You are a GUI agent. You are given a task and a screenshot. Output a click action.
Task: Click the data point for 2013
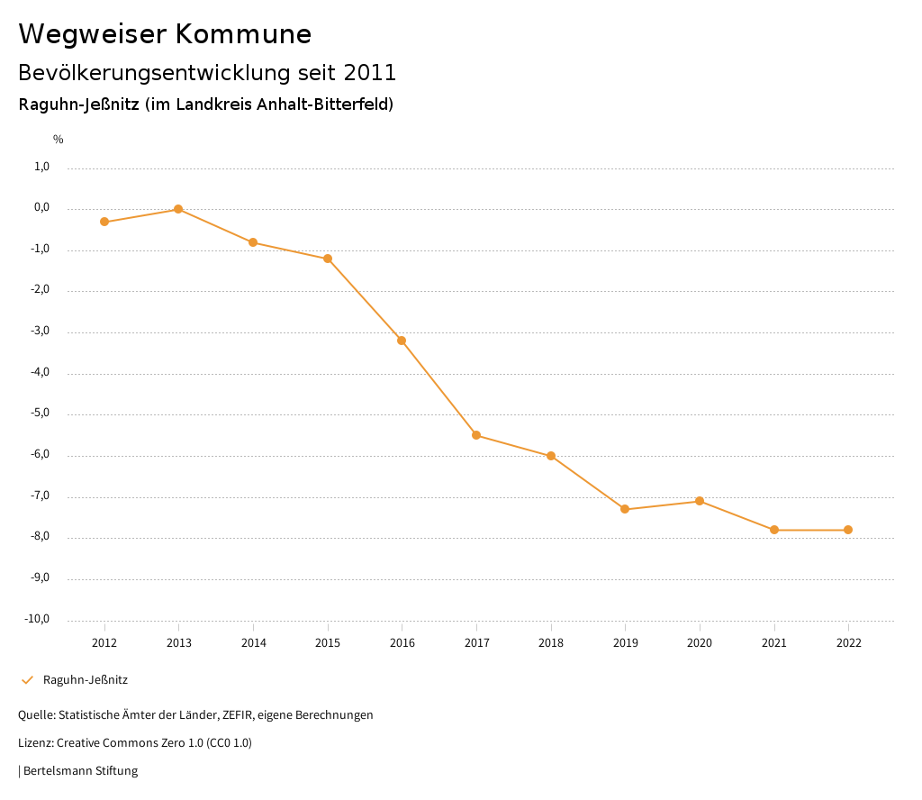[178, 209]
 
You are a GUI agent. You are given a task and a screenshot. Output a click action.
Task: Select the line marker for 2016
[402, 341]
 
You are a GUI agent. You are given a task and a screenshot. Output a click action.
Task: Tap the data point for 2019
[625, 510]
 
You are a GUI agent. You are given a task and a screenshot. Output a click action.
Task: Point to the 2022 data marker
[848, 530]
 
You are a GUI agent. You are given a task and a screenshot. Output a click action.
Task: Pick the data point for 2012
[104, 222]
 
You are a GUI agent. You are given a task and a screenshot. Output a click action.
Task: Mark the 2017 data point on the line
[476, 435]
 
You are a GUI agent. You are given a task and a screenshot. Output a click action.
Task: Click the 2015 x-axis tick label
[328, 643]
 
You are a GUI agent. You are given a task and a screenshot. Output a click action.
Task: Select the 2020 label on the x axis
[700, 643]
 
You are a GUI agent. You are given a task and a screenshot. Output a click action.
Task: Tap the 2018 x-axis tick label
[551, 643]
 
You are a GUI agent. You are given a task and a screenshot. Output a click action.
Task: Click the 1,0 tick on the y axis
[41, 167]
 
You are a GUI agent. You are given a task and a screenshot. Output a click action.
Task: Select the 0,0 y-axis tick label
[41, 208]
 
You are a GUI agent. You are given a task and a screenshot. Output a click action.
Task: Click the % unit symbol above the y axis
[59, 140]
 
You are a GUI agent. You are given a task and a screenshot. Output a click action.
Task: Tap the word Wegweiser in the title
[91, 34]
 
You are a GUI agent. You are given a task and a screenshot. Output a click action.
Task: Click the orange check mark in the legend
[27, 680]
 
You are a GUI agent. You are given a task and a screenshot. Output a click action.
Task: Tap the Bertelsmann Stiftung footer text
[80, 771]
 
